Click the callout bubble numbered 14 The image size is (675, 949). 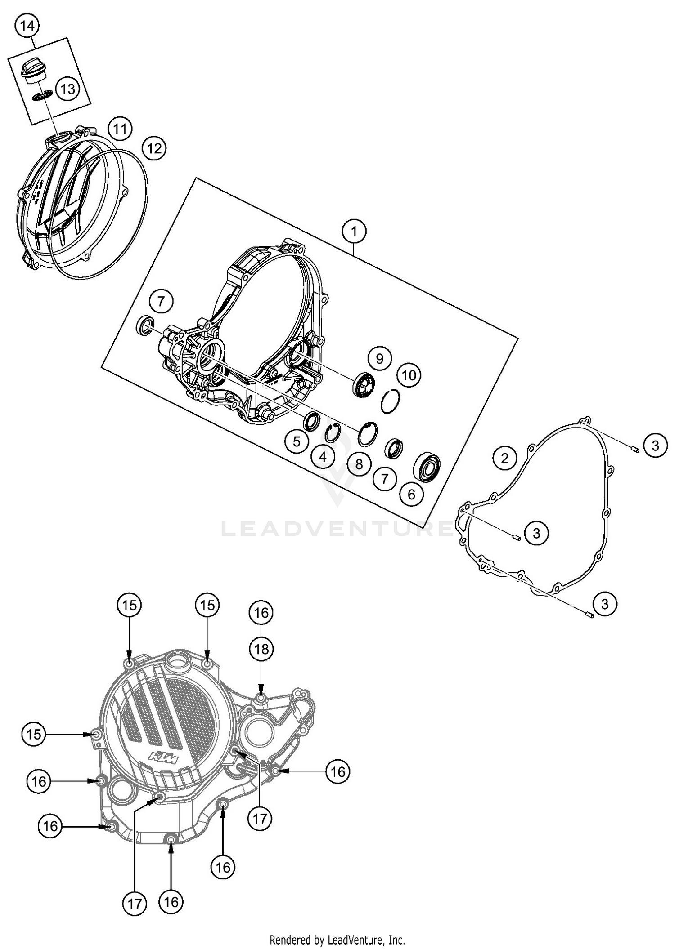point(27,26)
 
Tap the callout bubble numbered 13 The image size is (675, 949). point(67,89)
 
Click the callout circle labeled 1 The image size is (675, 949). point(354,232)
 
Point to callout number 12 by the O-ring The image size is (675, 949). point(154,148)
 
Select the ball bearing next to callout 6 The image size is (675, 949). point(426,466)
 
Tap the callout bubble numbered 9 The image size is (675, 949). point(379,358)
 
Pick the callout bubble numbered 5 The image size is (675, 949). point(297,441)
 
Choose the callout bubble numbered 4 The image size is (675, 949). point(323,457)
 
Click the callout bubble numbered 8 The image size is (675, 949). point(359,464)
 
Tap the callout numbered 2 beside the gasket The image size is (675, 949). point(504,458)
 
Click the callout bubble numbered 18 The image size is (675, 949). point(261,649)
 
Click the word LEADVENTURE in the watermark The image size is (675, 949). point(337,529)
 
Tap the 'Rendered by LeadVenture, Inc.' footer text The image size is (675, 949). point(337,939)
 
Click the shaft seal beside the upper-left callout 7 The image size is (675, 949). point(145,325)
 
